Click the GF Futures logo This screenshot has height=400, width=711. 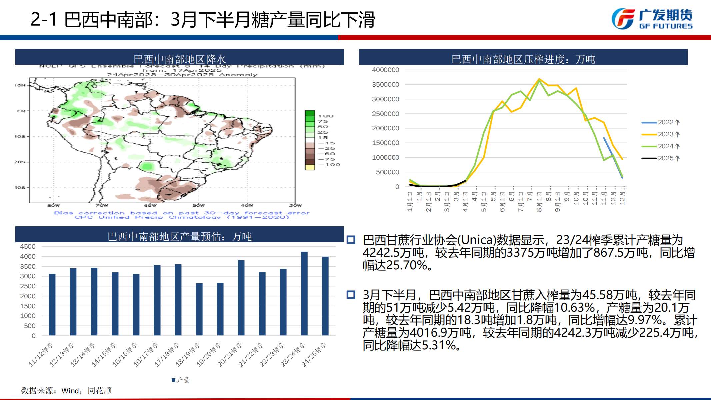point(652,19)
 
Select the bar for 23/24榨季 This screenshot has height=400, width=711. point(304,293)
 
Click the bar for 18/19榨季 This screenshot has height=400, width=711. point(199,309)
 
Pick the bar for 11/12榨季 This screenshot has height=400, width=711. point(52,304)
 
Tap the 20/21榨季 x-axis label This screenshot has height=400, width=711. point(230,355)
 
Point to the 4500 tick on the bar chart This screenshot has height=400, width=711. point(28,247)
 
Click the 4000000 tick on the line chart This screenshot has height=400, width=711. point(385,70)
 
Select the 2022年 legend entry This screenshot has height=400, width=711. point(661,122)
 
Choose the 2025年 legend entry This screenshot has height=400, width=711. point(661,158)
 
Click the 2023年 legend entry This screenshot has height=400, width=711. point(661,134)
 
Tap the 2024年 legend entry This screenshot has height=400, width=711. point(661,146)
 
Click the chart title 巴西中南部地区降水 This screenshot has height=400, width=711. point(179,59)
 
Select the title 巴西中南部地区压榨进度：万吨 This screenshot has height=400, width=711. point(523,59)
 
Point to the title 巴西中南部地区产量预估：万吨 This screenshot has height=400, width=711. point(179,236)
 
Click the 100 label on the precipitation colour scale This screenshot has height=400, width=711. point(326,116)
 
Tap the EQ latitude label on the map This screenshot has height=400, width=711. point(21,111)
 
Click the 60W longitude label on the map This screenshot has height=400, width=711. point(150,205)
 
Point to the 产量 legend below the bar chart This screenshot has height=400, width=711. point(181,380)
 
